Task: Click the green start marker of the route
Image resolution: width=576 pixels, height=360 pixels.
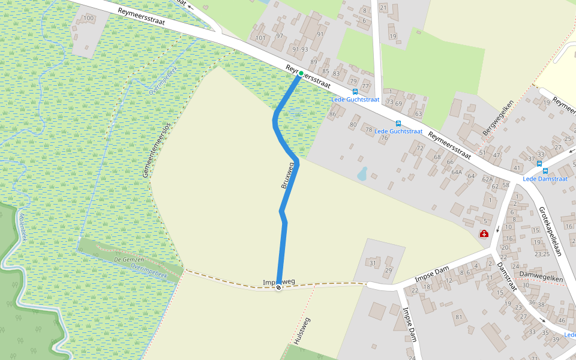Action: pyautogui.click(x=301, y=73)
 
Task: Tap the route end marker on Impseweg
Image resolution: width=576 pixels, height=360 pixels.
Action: pyautogui.click(x=278, y=287)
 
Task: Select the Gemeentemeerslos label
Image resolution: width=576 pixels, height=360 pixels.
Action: pyautogui.click(x=157, y=150)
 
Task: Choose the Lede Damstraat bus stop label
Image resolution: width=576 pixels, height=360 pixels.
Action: pyautogui.click(x=545, y=179)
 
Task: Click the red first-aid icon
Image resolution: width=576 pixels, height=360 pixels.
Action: pyautogui.click(x=484, y=233)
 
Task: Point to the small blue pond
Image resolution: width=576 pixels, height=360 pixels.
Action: pyautogui.click(x=362, y=174)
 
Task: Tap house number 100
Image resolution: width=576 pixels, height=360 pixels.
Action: pyautogui.click(x=89, y=18)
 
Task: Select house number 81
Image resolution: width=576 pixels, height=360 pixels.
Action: pyautogui.click(x=459, y=317)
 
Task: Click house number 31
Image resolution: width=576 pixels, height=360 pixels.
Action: pyautogui.click(x=372, y=263)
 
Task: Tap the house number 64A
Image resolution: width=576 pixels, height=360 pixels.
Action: pyautogui.click(x=457, y=172)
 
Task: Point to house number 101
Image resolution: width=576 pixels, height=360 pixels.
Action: pyautogui.click(x=260, y=38)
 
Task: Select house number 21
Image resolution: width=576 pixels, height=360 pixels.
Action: pyautogui.click(x=383, y=8)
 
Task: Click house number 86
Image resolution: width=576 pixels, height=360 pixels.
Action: pyautogui.click(x=333, y=114)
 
